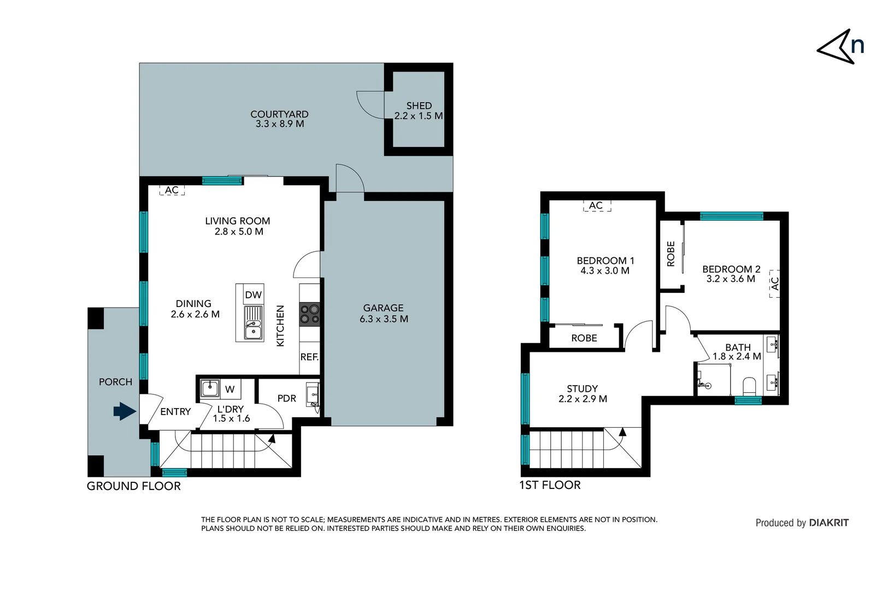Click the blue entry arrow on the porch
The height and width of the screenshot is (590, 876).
[125, 411]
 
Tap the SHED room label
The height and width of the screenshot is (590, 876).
[419, 105]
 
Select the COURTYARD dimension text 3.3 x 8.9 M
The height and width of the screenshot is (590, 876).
[280, 124]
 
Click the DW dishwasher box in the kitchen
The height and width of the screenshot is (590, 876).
[253, 294]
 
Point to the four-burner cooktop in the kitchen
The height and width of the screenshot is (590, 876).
[309, 315]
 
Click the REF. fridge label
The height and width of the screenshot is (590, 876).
[309, 357]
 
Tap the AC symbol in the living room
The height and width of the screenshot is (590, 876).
[172, 190]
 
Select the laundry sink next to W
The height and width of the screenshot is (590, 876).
[210, 388]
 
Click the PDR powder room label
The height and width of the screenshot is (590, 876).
[286, 398]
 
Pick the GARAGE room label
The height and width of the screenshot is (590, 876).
[383, 308]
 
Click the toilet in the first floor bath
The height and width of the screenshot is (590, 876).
[749, 385]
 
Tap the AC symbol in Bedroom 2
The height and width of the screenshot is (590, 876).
[774, 284]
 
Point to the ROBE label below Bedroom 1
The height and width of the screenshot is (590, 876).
[584, 338]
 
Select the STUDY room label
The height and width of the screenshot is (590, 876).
[582, 388]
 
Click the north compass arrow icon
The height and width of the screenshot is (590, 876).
[836, 48]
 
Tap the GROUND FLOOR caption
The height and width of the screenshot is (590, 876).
[134, 486]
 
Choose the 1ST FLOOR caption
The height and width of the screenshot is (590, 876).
[550, 485]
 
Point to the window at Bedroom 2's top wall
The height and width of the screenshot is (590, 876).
[731, 216]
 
